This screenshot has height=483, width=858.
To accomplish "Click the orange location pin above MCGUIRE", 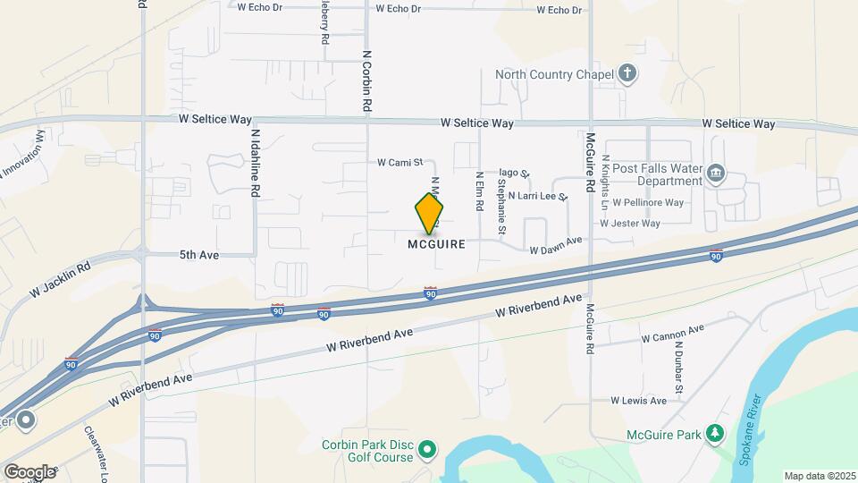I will click(429, 213).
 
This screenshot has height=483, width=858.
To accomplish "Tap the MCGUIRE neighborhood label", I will click(437, 244).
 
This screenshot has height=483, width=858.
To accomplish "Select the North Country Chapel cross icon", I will click(628, 73).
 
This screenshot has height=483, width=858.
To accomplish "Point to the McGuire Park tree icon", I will click(713, 435).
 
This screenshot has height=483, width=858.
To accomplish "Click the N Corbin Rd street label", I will click(366, 80).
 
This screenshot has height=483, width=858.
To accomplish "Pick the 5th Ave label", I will click(198, 255).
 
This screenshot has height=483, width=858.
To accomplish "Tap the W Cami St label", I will click(399, 163).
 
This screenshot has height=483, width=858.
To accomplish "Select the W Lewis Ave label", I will click(638, 401).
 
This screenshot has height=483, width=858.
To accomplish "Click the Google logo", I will click(29, 471).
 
